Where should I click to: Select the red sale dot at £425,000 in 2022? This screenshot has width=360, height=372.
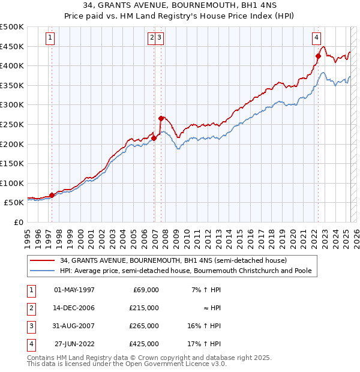point(318,56)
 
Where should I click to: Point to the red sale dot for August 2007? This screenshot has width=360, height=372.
point(161,119)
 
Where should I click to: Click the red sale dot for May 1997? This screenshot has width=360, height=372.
point(52,195)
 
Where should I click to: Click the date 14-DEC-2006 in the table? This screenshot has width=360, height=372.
point(74,308)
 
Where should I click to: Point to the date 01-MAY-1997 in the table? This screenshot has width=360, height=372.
point(74,290)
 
